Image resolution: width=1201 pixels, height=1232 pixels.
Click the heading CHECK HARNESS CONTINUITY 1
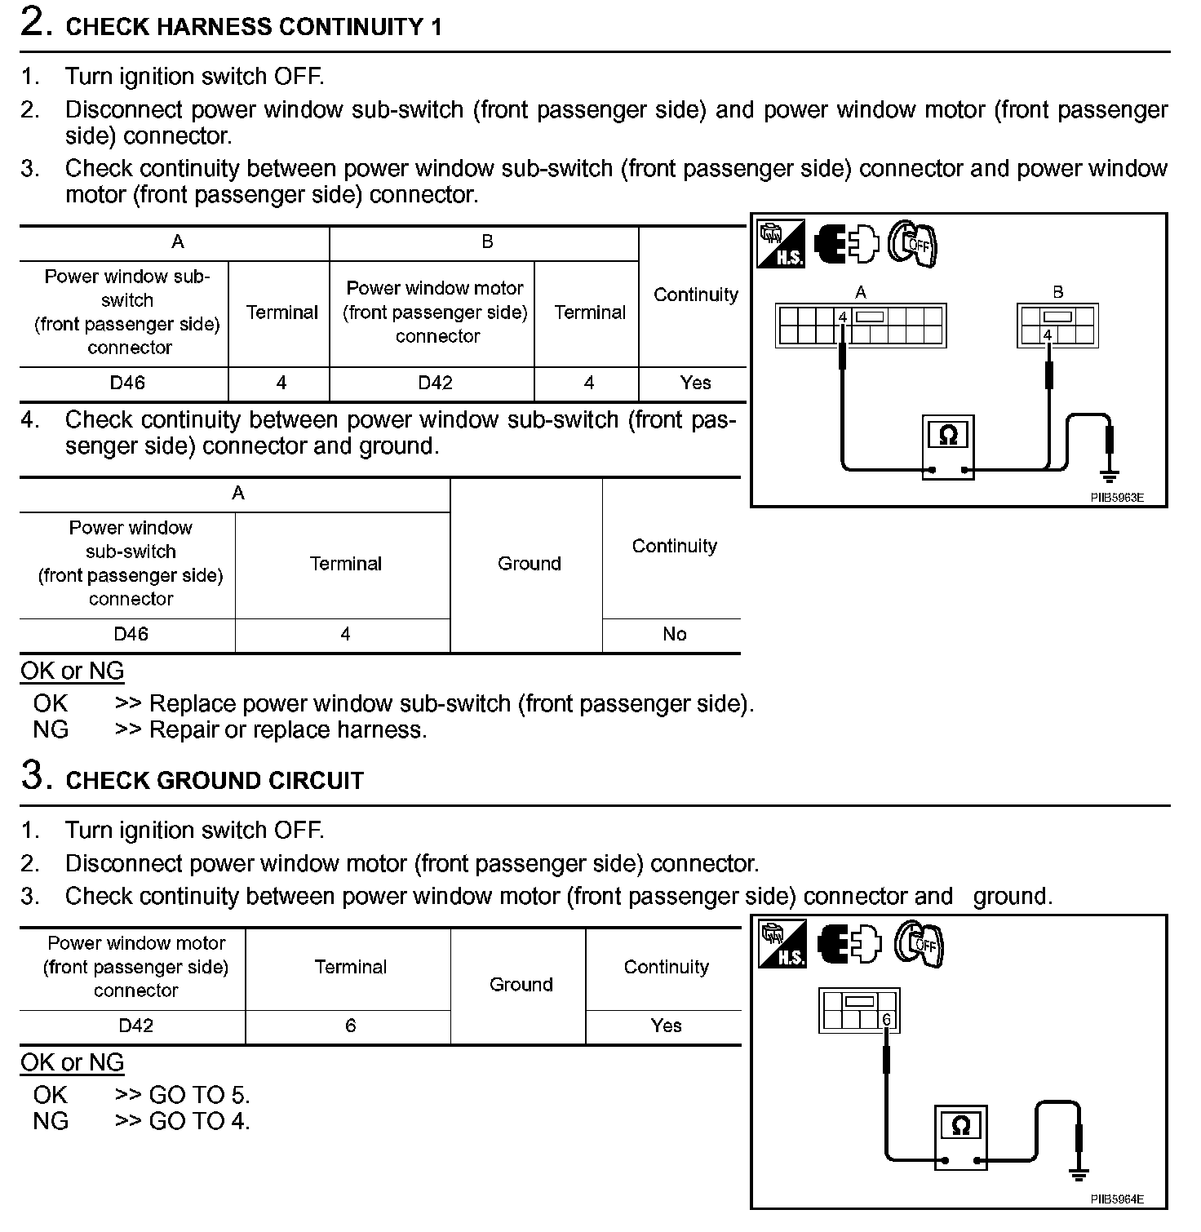click(x=253, y=27)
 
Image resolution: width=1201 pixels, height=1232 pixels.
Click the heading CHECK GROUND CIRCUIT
click(x=214, y=781)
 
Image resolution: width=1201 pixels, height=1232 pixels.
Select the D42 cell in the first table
click(x=435, y=383)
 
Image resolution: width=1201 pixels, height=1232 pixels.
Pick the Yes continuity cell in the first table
click(x=695, y=383)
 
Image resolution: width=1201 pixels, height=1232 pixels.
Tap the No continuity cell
click(x=674, y=634)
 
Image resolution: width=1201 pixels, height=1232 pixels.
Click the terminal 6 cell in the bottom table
click(x=350, y=1026)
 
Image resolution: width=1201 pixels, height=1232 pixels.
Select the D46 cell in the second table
click(x=131, y=634)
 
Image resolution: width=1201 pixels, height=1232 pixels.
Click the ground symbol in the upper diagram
click(x=1109, y=474)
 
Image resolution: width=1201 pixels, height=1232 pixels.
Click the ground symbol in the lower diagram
click(x=1079, y=1175)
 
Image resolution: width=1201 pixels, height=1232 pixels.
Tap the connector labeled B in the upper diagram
click(x=1057, y=326)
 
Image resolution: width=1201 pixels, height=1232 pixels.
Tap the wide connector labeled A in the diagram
click(x=860, y=326)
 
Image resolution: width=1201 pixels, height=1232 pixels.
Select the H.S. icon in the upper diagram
click(x=781, y=243)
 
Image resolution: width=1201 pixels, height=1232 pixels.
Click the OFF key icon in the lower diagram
click(x=918, y=945)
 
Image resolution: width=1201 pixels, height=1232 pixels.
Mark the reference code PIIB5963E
click(x=1117, y=498)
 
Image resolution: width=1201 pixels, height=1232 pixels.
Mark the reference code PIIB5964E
click(x=1117, y=1199)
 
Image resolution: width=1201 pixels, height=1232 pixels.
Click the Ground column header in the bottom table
click(x=521, y=985)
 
